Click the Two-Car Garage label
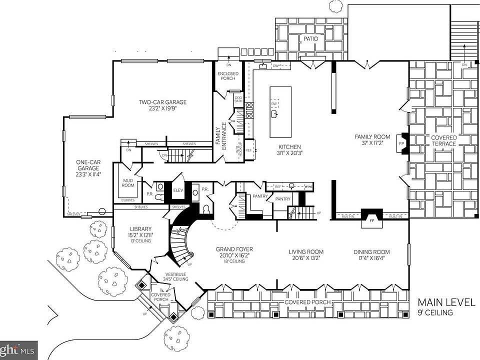pos(162,102)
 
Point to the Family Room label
pos(372,136)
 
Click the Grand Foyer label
pos(234,249)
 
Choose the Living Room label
pos(306,252)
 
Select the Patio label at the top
pos(311,38)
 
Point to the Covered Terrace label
pos(444,140)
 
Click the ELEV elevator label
pos(178,190)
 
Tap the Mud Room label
pos(128,182)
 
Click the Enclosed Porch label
pos(228,76)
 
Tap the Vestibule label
pos(175,274)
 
